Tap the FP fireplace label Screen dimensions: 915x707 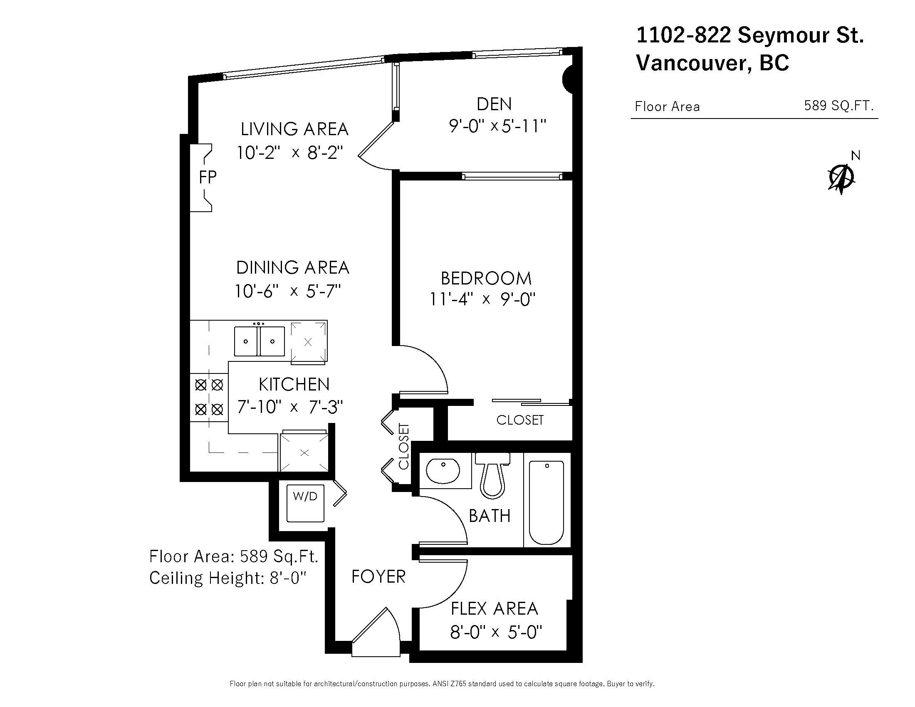[208, 178]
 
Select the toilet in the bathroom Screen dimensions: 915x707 [492, 475]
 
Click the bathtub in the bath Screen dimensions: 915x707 [547, 503]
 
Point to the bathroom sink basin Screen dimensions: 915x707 [443, 471]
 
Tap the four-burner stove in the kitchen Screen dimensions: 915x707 [209, 397]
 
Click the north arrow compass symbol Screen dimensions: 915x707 [843, 176]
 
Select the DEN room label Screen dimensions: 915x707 [495, 104]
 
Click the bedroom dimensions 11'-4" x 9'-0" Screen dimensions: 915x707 [483, 299]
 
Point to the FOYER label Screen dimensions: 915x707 [378, 577]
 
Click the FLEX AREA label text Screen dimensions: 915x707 [495, 608]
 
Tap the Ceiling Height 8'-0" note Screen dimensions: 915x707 [228, 578]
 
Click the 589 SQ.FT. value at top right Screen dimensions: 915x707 [839, 106]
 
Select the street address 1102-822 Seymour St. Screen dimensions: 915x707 [750, 35]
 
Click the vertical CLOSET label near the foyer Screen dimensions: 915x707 [403, 447]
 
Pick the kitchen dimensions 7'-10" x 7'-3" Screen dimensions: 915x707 [290, 407]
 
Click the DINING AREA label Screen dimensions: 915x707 [293, 268]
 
